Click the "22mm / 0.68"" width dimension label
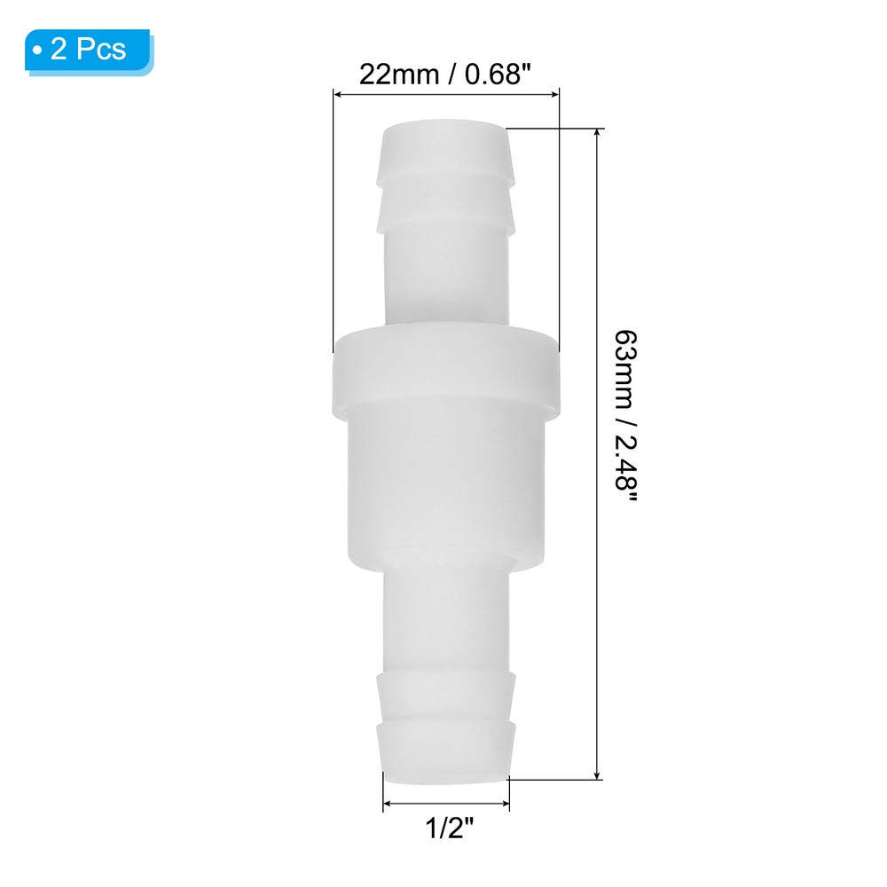445,73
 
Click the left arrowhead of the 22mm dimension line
337,92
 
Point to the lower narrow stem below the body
445,621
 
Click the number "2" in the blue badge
59,50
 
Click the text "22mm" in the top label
391,73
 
